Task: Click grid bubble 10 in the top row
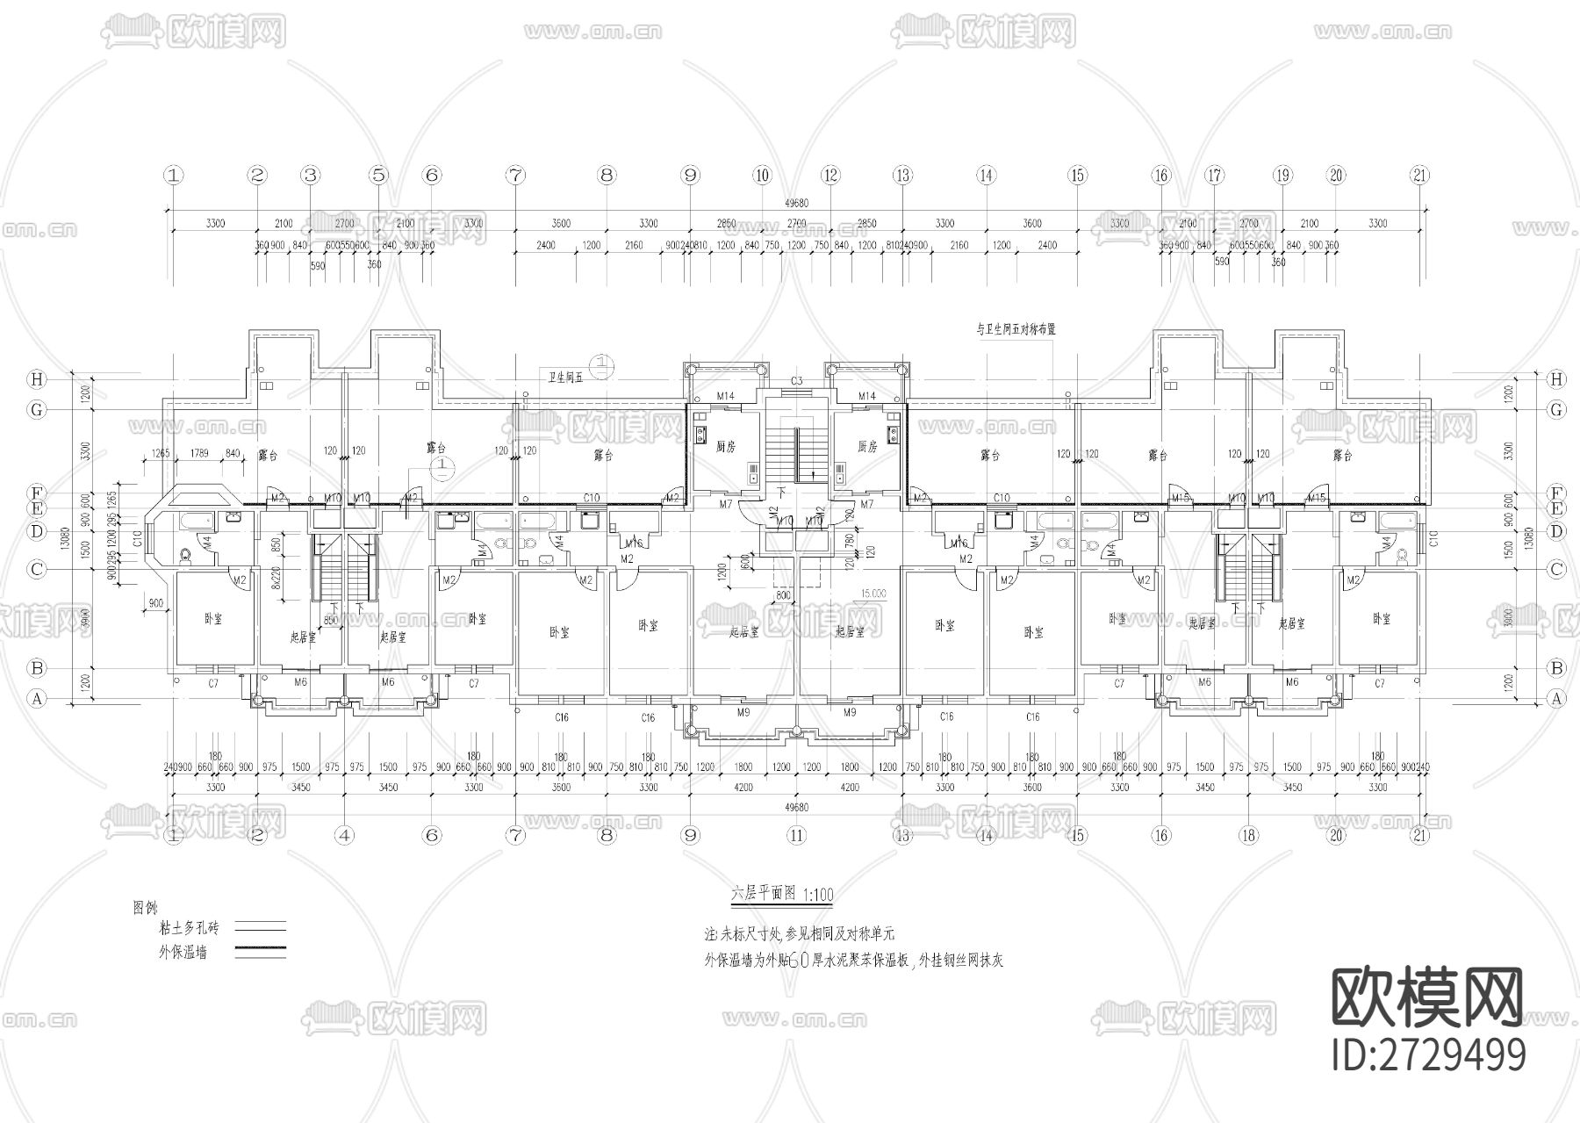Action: point(762,175)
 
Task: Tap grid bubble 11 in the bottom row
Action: point(796,836)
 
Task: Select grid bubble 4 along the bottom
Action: point(344,836)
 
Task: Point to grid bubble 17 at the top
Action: point(1215,175)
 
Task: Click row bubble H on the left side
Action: point(36,379)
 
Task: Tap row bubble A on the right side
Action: point(1556,699)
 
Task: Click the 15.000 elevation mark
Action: point(873,594)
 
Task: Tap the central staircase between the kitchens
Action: point(796,450)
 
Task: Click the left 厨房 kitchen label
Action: point(725,446)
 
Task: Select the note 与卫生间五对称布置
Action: point(1016,330)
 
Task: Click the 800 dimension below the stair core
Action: point(784,595)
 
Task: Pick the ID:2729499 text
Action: point(1429,1054)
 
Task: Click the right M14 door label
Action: point(867,397)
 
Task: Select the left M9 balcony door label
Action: point(743,711)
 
